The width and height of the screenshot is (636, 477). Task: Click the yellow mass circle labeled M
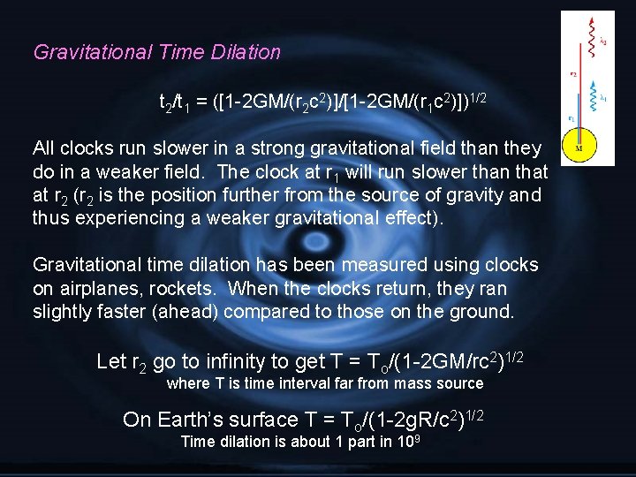click(x=579, y=147)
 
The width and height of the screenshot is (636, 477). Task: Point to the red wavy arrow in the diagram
click(x=592, y=42)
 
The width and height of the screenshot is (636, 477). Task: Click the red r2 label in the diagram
click(x=572, y=74)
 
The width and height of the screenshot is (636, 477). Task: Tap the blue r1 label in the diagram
click(x=572, y=117)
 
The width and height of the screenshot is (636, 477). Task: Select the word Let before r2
click(x=111, y=360)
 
